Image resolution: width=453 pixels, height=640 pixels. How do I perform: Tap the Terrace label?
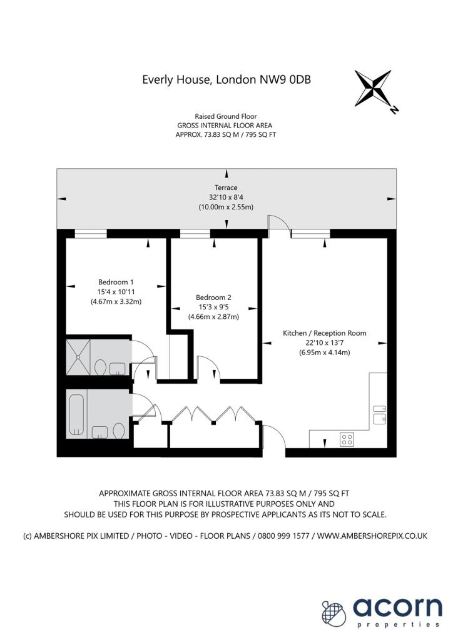coord(226,187)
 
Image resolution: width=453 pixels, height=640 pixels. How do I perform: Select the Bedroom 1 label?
coord(116,282)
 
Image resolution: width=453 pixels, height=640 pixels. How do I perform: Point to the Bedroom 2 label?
coord(213,297)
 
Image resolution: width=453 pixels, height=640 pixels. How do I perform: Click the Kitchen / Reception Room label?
coord(324,333)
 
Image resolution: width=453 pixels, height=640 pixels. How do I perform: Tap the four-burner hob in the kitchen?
coord(347,439)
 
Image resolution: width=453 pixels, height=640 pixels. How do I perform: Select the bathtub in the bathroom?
coord(77,414)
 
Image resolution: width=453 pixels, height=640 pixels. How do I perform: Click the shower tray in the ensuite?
coord(78,357)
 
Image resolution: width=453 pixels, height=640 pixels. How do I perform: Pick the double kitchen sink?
coord(380,415)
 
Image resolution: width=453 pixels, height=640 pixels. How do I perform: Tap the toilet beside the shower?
coord(100,367)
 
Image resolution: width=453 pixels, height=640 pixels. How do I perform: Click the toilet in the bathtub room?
coord(118,431)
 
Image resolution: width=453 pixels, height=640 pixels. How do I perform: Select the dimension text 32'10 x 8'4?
coord(226,197)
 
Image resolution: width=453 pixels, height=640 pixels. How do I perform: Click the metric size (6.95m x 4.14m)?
coord(324,352)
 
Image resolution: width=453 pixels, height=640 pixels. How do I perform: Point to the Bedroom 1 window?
coord(91,234)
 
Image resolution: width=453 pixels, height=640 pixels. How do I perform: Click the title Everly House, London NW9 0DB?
coord(227,79)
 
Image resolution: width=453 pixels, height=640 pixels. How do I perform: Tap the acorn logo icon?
coord(333,612)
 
